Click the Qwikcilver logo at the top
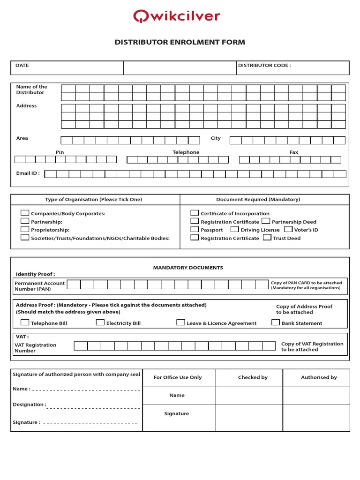pyautogui.click(x=176, y=16)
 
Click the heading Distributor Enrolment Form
pyautogui.click(x=180, y=42)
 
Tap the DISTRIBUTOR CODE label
pyautogui.click(x=264, y=66)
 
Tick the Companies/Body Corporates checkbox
pyautogui.click(x=25, y=213)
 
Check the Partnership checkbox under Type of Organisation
pyautogui.click(x=25, y=221)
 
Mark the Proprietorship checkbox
pyautogui.click(x=25, y=229)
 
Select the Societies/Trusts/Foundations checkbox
pyautogui.click(x=25, y=238)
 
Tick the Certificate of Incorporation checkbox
pyautogui.click(x=195, y=213)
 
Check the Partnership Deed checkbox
pyautogui.click(x=266, y=221)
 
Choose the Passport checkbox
pyautogui.click(x=195, y=229)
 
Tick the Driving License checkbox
pyautogui.click(x=235, y=229)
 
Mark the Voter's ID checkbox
pyautogui.click(x=288, y=229)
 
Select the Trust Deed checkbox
pyautogui.click(x=267, y=238)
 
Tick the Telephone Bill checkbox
pyautogui.click(x=25, y=322)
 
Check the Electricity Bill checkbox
pyautogui.click(x=100, y=322)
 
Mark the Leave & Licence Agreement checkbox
pyautogui.click(x=181, y=322)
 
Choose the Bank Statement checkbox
pyautogui.click(x=276, y=322)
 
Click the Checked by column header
pyautogui.click(x=253, y=377)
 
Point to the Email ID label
pyautogui.click(x=28, y=173)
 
